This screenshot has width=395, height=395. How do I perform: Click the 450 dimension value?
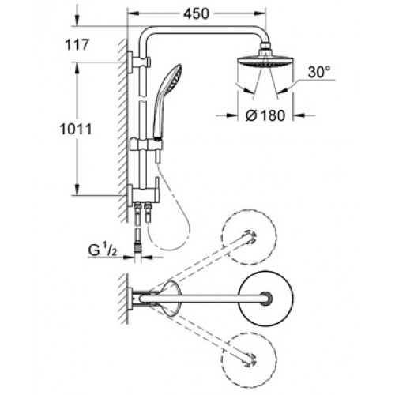pos(196,14)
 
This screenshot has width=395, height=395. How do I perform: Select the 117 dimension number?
pos(77,44)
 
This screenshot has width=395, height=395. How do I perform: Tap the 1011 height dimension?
pos(76,130)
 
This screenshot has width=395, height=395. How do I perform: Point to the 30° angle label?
pos(319,72)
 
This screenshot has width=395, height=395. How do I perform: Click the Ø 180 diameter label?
pos(265,115)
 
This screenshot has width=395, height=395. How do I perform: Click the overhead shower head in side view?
pos(265,62)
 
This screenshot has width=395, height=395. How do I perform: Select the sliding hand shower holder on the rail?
pos(146,145)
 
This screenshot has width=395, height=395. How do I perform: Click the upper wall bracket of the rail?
pos(139,62)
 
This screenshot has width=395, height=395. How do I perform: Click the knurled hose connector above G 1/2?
pos(137,248)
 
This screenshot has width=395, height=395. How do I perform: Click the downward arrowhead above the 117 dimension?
pos(77,21)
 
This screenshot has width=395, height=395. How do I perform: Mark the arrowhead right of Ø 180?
pos(299,115)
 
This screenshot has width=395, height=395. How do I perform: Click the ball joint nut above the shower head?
pos(265,48)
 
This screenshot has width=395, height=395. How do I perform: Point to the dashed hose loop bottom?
pos(168,249)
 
